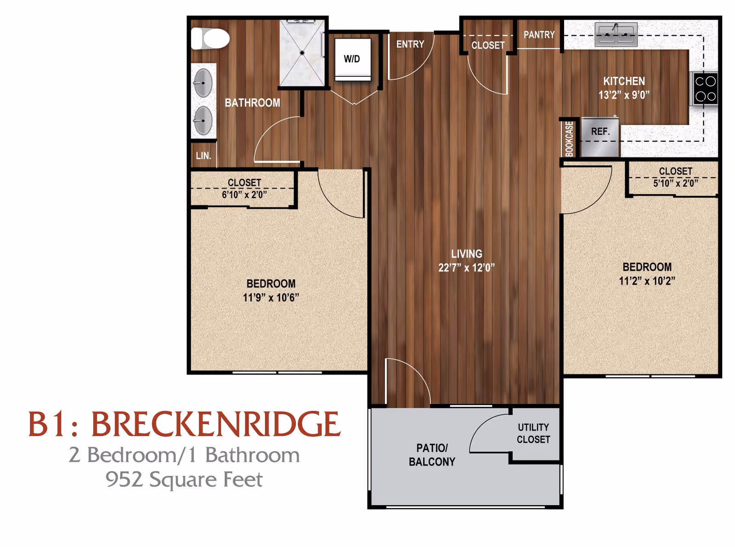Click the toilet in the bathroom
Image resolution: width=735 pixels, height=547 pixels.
(211, 39)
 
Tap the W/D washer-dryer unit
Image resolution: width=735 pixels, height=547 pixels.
(352, 59)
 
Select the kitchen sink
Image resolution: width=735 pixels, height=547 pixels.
(616, 35)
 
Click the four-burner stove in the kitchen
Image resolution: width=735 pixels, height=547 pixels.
(705, 89)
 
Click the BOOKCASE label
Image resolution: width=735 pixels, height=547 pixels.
(569, 138)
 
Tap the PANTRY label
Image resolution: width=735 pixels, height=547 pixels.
(539, 35)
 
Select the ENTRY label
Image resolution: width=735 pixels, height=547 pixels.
(410, 44)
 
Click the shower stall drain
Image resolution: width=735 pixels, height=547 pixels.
(302, 53)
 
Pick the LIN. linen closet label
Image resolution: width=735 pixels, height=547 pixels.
(203, 156)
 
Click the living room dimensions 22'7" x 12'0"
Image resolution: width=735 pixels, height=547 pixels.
(466, 268)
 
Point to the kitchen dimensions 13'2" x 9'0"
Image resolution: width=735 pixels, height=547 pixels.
(623, 95)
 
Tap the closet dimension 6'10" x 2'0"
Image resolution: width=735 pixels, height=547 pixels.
(244, 195)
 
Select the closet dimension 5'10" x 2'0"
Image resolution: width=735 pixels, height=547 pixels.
(675, 183)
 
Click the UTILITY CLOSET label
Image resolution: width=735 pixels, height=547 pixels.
(533, 433)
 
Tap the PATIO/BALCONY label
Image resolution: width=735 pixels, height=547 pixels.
(432, 455)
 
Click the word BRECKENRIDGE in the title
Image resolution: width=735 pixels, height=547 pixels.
(215, 424)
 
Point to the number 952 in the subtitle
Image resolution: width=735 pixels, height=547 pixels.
(124, 479)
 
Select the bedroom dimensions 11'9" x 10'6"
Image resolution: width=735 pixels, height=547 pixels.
(271, 298)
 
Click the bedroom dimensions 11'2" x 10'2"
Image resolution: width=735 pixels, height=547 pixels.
(647, 281)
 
